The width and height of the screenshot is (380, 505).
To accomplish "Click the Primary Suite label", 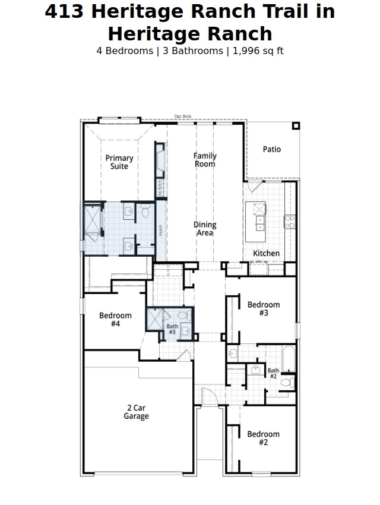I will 119,162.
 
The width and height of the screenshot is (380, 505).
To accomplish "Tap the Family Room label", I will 205,160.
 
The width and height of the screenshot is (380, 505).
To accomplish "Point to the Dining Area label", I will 205,229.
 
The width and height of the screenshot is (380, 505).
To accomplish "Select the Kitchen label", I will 266,253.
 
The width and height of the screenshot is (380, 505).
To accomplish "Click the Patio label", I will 272,149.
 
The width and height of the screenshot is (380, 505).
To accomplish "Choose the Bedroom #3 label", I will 264,309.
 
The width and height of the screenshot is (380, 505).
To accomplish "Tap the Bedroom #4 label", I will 115,320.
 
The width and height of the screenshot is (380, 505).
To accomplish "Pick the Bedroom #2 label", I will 263,438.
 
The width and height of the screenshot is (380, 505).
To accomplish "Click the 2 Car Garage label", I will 136,412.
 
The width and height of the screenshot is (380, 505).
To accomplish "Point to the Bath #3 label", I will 172,329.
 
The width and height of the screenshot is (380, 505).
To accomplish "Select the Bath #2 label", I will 273,374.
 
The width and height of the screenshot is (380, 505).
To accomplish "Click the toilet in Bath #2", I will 286,383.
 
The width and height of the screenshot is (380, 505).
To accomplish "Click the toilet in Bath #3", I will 183,315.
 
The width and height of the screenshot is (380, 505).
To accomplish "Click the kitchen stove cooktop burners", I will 290,222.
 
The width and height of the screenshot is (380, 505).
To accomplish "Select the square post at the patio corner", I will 296,125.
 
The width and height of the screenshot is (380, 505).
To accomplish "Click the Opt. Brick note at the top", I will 183,116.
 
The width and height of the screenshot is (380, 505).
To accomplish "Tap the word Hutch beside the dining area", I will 160,229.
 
